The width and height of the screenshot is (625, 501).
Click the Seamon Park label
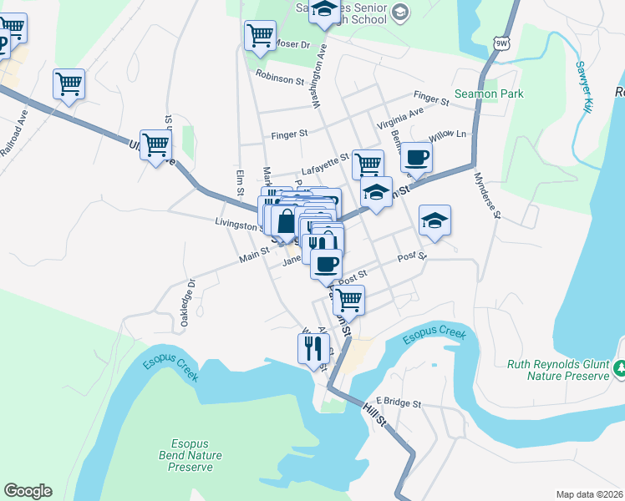[489, 94]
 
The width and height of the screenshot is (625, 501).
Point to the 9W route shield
[501, 42]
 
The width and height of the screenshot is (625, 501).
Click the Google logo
[28, 491]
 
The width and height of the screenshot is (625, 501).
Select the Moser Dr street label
[292, 43]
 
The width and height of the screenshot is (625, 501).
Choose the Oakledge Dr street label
[187, 292]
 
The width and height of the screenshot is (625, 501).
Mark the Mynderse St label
[485, 195]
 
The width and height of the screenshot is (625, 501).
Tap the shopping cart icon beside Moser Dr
[260, 35]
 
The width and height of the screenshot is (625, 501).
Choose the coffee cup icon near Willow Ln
[417, 157]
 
